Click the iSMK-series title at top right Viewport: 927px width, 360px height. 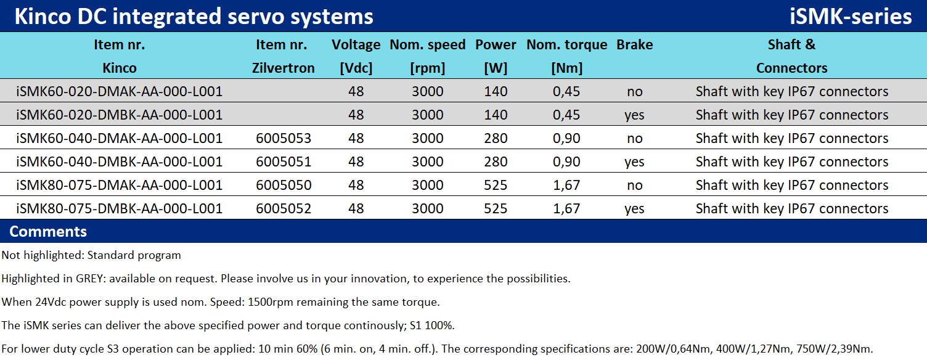tap(851, 17)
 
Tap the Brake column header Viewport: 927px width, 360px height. tap(634, 44)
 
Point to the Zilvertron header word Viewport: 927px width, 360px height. tap(283, 68)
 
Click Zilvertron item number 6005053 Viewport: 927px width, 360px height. tap(283, 138)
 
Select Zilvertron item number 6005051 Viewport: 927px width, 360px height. tap(283, 162)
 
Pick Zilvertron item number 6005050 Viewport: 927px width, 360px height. tap(283, 185)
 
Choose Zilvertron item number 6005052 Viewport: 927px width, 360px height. tap(283, 208)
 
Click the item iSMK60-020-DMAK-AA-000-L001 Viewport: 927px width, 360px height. tap(119, 91)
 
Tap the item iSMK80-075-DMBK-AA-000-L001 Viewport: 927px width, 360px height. tap(119, 208)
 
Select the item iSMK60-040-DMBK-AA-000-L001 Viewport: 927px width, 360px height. tap(119, 162)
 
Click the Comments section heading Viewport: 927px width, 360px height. tap(48, 232)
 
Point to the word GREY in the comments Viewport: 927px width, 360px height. tap(91, 279)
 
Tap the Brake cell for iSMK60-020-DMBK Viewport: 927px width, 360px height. tap(634, 115)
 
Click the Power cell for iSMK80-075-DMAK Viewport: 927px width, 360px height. tap(496, 185)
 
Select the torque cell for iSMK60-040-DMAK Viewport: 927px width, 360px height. tap(566, 138)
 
